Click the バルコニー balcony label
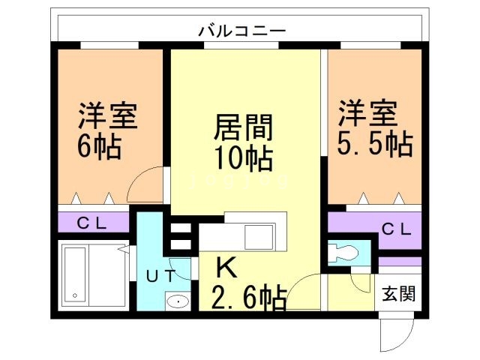241,31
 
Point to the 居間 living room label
242,127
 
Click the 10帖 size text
242,157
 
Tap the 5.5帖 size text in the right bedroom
374,144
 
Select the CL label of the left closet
94,223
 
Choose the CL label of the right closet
397,229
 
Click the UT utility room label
161,275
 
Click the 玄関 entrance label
397,292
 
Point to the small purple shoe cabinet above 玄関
399,262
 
